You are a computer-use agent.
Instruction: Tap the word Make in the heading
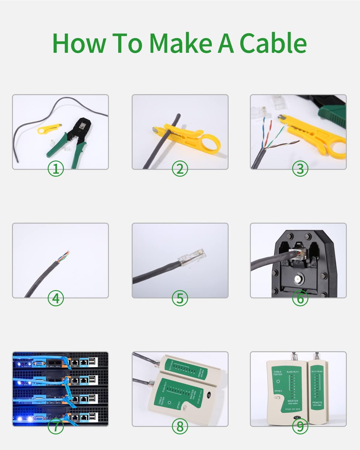(181, 43)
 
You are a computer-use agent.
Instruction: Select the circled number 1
(56, 169)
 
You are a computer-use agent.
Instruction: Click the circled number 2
(180, 169)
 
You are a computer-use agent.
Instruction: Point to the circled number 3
(300, 169)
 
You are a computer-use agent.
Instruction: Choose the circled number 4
(56, 298)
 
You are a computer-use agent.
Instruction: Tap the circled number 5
(180, 298)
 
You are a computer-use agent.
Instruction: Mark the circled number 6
(300, 298)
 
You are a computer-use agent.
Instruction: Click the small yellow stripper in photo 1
(45, 129)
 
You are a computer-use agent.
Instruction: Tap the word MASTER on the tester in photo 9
(292, 401)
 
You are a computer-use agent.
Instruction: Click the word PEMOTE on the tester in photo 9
(317, 403)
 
